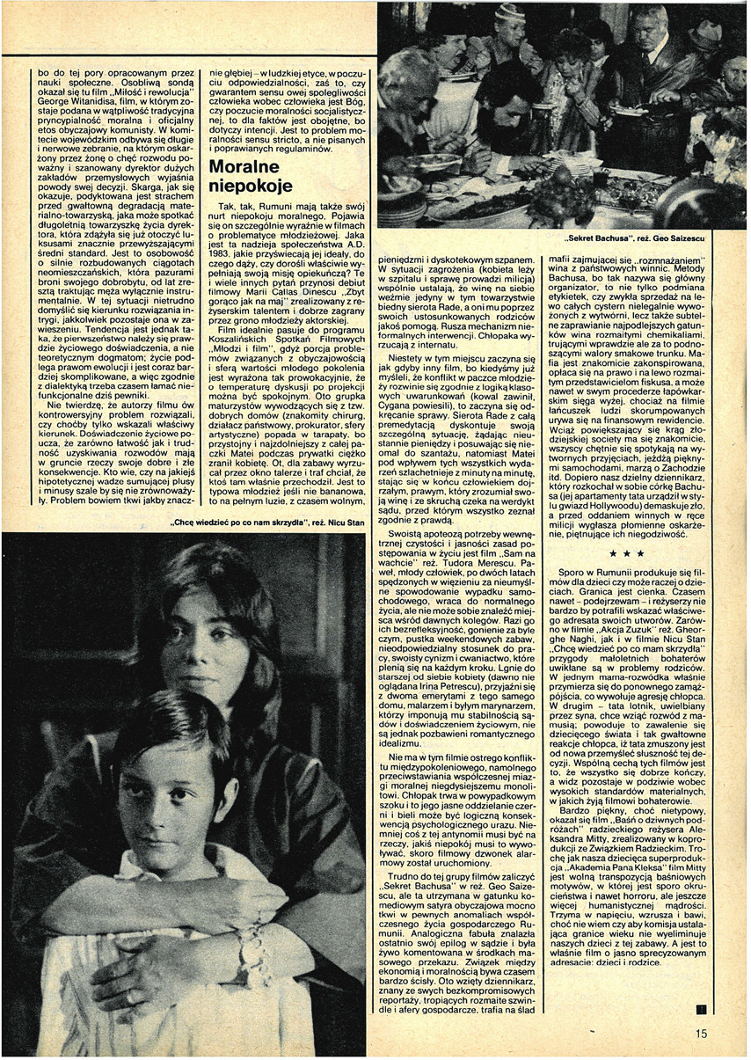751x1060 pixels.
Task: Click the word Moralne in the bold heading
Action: (x=244, y=167)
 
